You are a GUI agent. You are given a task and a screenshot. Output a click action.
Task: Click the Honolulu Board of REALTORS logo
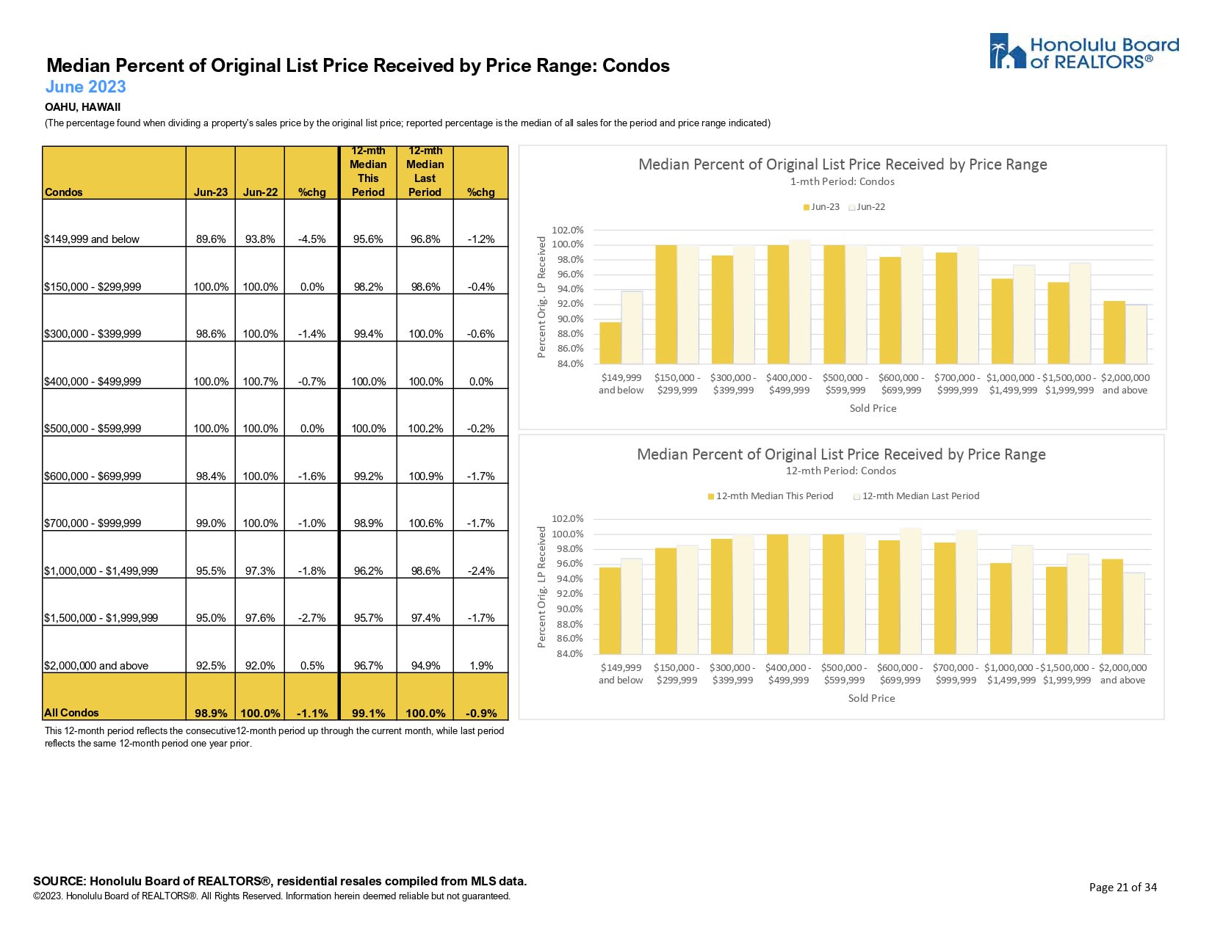point(1083,52)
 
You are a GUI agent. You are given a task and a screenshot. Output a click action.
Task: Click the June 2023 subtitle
point(85,87)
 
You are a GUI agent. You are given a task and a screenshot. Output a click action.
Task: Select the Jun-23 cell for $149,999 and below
point(211,239)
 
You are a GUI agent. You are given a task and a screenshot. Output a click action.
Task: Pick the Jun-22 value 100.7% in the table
point(260,381)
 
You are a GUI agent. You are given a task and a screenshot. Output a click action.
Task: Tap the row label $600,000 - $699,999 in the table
point(93,476)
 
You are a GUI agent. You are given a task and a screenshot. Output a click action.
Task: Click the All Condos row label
point(71,712)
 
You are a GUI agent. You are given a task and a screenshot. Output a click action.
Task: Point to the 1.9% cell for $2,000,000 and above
point(480,665)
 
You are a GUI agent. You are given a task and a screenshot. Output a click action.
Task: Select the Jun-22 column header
point(260,192)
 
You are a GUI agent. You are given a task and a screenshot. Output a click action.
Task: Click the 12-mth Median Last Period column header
point(425,172)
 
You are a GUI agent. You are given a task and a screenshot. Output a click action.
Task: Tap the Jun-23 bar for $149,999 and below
point(610,343)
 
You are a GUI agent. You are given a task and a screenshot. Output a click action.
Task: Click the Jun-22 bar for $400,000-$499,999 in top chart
point(800,302)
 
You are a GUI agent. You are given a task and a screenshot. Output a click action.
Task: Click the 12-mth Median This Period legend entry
point(771,496)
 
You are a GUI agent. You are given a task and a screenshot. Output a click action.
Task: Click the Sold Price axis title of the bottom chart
point(871,698)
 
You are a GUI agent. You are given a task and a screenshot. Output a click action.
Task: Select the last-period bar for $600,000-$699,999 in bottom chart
point(911,590)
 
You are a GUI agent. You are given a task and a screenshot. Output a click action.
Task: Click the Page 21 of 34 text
point(1122,887)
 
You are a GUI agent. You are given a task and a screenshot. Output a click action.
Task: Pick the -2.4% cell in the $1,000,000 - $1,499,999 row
point(480,570)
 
